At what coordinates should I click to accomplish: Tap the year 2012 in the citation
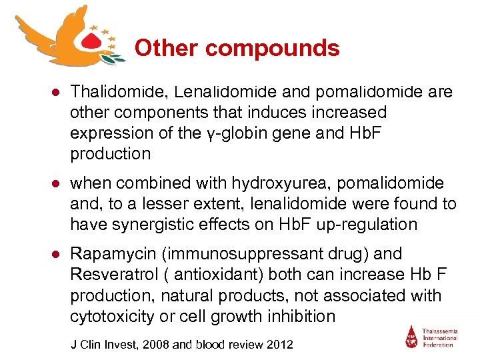click(x=278, y=344)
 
